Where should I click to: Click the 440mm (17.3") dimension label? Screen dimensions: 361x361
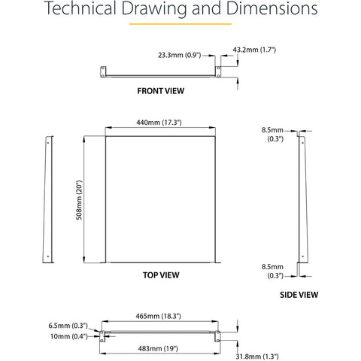click(x=159, y=123)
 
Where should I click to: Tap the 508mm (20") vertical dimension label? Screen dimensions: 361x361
click(x=79, y=200)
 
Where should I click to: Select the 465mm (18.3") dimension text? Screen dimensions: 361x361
click(x=158, y=316)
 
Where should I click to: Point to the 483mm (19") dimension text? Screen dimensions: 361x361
click(x=158, y=348)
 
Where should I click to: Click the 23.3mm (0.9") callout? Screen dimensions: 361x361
click(x=180, y=55)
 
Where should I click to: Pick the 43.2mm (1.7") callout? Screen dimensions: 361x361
click(x=254, y=50)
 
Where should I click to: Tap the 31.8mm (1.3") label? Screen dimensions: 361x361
click(x=257, y=356)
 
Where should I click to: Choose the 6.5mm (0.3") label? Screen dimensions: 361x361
click(x=68, y=326)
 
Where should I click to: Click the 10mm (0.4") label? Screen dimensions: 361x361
click(x=69, y=336)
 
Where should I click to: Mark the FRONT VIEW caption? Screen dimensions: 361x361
click(x=161, y=91)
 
